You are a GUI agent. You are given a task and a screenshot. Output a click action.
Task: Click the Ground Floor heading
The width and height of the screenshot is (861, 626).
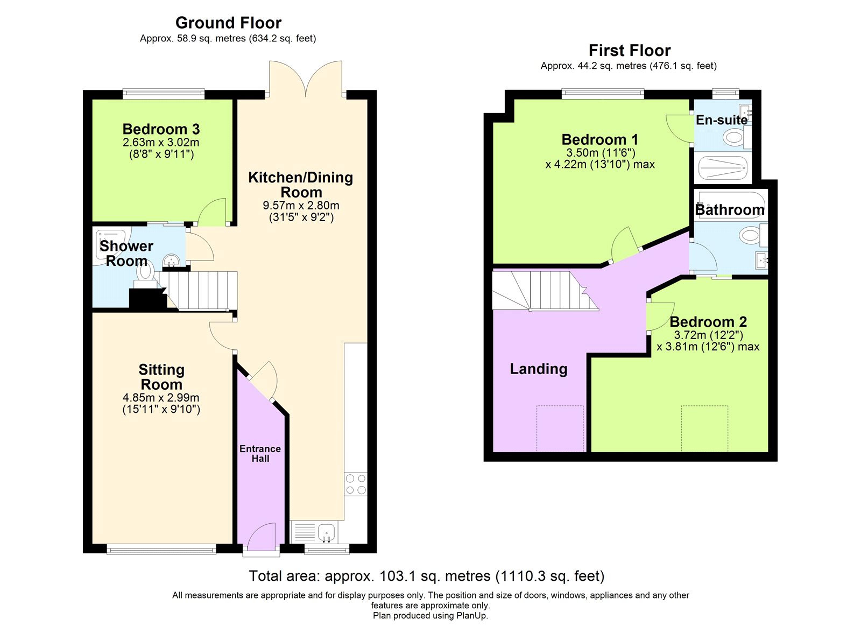(228, 23)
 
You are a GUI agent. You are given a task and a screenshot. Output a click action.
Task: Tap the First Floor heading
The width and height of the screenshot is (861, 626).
(630, 51)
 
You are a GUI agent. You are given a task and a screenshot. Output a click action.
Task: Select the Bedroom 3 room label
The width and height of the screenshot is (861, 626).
(161, 129)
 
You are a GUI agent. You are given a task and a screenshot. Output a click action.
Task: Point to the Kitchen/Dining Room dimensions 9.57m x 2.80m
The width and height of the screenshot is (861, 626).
(301, 205)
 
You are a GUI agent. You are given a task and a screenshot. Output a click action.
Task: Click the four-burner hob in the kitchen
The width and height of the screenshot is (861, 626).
(356, 484)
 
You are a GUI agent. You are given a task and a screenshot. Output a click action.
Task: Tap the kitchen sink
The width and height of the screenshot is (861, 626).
(326, 532)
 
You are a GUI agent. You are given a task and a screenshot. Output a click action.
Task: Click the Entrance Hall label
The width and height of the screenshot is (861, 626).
(260, 453)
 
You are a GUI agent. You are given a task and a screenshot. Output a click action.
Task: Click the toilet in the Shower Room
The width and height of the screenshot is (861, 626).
(145, 274)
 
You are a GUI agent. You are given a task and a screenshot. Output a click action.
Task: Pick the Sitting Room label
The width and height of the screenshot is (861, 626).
(161, 377)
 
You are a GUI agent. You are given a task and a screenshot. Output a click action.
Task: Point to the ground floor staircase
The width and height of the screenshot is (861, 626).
(198, 290)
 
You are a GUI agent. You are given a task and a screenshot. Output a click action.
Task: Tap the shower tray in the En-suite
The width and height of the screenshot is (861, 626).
(722, 167)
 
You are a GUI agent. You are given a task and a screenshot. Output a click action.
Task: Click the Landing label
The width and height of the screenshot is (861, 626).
(539, 369)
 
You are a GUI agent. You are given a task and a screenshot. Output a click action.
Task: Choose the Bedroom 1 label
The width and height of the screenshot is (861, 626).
(600, 139)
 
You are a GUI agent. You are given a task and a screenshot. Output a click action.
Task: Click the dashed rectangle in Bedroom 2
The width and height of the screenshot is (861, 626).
(704, 428)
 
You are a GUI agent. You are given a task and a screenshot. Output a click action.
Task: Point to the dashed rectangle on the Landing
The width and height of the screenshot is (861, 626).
(560, 428)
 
